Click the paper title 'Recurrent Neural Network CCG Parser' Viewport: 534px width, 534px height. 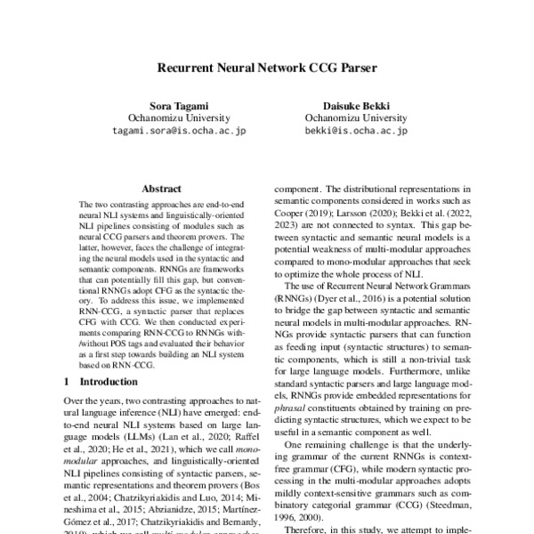266,67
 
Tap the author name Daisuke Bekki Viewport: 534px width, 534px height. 355,103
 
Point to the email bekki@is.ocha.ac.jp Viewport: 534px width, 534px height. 355,130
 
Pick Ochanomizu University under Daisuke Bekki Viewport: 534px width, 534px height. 355,117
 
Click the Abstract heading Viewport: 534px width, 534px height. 161,189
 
